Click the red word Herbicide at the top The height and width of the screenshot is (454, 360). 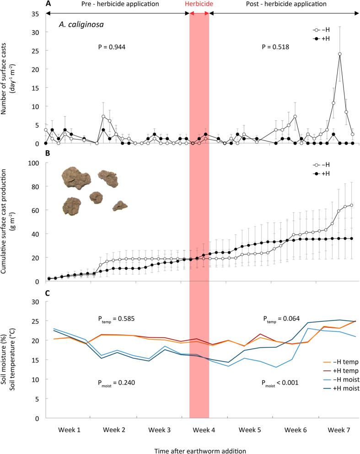pyautogui.click(x=199, y=4)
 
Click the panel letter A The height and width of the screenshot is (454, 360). pyautogui.click(x=48, y=4)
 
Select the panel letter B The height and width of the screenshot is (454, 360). pyautogui.click(x=48, y=156)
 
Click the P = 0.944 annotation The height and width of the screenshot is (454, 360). pyautogui.click(x=112, y=47)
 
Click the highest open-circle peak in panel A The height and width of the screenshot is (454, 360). pyautogui.click(x=340, y=54)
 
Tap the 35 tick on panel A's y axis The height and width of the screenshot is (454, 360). pyautogui.click(x=36, y=14)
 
